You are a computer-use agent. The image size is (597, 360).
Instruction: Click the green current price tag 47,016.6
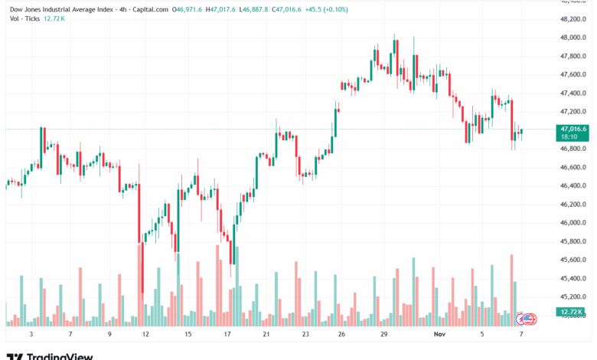(573, 129)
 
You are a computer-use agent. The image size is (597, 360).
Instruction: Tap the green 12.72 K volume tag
(572, 312)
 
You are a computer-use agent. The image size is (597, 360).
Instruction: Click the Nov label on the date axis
(439, 335)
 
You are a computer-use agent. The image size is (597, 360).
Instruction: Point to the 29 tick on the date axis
(383, 335)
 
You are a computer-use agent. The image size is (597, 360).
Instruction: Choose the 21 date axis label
(266, 335)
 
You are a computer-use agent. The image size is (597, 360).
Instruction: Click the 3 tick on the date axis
(31, 335)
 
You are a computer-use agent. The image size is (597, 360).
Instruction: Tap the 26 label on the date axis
(341, 335)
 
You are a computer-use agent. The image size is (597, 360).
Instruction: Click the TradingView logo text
(60, 355)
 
